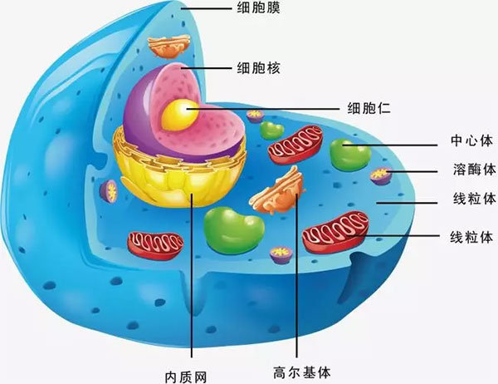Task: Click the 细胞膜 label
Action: pos(258,7)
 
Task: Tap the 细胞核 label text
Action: pos(258,68)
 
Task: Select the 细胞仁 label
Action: pos(369,108)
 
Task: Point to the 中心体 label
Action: pos(471,140)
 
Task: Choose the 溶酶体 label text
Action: pos(474,169)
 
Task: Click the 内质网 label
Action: pos(186,377)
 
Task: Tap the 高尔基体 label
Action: pos(302,372)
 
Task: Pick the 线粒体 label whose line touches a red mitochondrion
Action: pos(471,237)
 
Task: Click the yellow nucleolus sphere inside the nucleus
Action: pos(180,115)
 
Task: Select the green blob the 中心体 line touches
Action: pos(350,155)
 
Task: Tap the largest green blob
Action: pos(233,230)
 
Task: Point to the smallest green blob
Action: pos(272,130)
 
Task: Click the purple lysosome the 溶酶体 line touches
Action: pos(381,176)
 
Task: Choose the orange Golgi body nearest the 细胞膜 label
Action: pos(169,47)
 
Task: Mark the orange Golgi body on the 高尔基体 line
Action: pos(278,192)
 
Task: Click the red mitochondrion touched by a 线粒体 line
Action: pos(335,232)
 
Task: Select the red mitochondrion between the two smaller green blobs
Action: pos(295,145)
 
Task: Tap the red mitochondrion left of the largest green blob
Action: pos(155,246)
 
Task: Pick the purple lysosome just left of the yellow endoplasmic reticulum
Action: pos(109,191)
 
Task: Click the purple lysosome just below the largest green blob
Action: pos(281,255)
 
